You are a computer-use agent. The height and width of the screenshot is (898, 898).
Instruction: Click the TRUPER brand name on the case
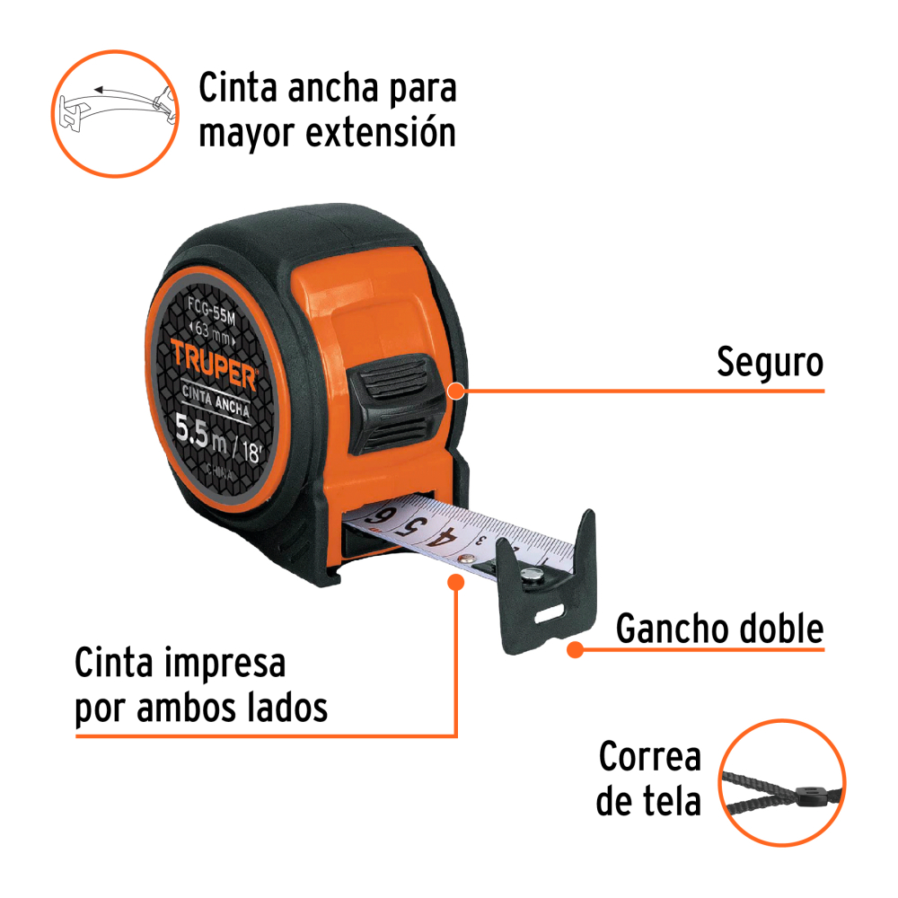tap(214, 365)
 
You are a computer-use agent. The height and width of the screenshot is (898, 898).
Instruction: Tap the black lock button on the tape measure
tap(395, 403)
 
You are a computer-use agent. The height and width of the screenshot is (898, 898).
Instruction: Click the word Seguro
tap(770, 363)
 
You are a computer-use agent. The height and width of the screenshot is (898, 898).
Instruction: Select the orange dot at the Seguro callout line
tap(456, 392)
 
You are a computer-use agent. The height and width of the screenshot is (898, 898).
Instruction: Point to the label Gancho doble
tap(720, 629)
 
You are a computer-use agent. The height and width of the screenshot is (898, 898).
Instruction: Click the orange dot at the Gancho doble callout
tap(575, 650)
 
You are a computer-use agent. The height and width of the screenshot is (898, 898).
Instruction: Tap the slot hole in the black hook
tap(549, 614)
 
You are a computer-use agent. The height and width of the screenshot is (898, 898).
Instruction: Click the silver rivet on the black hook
tap(533, 575)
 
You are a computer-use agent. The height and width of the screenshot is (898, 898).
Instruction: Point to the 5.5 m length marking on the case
tap(200, 433)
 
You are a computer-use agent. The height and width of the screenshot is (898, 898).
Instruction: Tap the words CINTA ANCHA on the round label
tap(216, 400)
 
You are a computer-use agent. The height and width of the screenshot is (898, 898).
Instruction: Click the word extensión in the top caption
tap(381, 133)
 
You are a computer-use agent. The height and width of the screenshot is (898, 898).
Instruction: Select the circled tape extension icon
tap(115, 114)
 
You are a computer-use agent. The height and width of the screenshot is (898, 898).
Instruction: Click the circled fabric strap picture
tap(782, 782)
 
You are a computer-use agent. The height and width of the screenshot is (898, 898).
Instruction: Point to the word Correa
tap(650, 756)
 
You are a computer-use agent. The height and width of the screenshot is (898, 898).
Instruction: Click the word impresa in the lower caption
tap(224, 664)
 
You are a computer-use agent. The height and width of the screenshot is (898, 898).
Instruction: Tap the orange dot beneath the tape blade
tap(456, 583)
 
